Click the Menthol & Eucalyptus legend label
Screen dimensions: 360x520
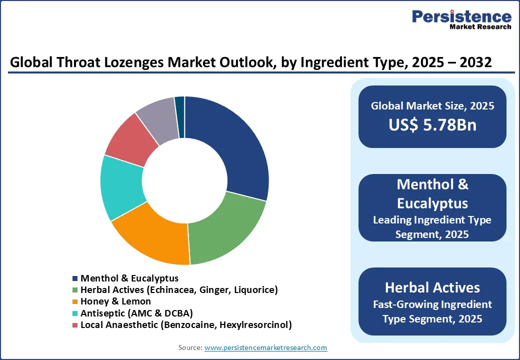pos(129,278)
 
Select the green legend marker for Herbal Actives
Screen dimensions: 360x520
pos(75,290)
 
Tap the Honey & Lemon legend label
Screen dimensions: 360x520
pos(115,301)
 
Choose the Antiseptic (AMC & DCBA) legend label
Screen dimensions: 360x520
pos(136,313)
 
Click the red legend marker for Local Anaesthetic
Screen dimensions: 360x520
pos(75,325)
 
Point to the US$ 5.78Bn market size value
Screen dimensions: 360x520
pos(432,125)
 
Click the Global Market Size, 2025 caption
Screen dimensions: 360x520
pos(432,106)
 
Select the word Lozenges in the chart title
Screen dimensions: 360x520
pos(125,62)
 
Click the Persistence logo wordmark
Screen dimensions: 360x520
pos(461,16)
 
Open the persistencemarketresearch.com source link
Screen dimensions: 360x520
pos(265,347)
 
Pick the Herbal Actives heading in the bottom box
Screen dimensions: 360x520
pos(432,287)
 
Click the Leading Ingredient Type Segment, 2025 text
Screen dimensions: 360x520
pos(432,227)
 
